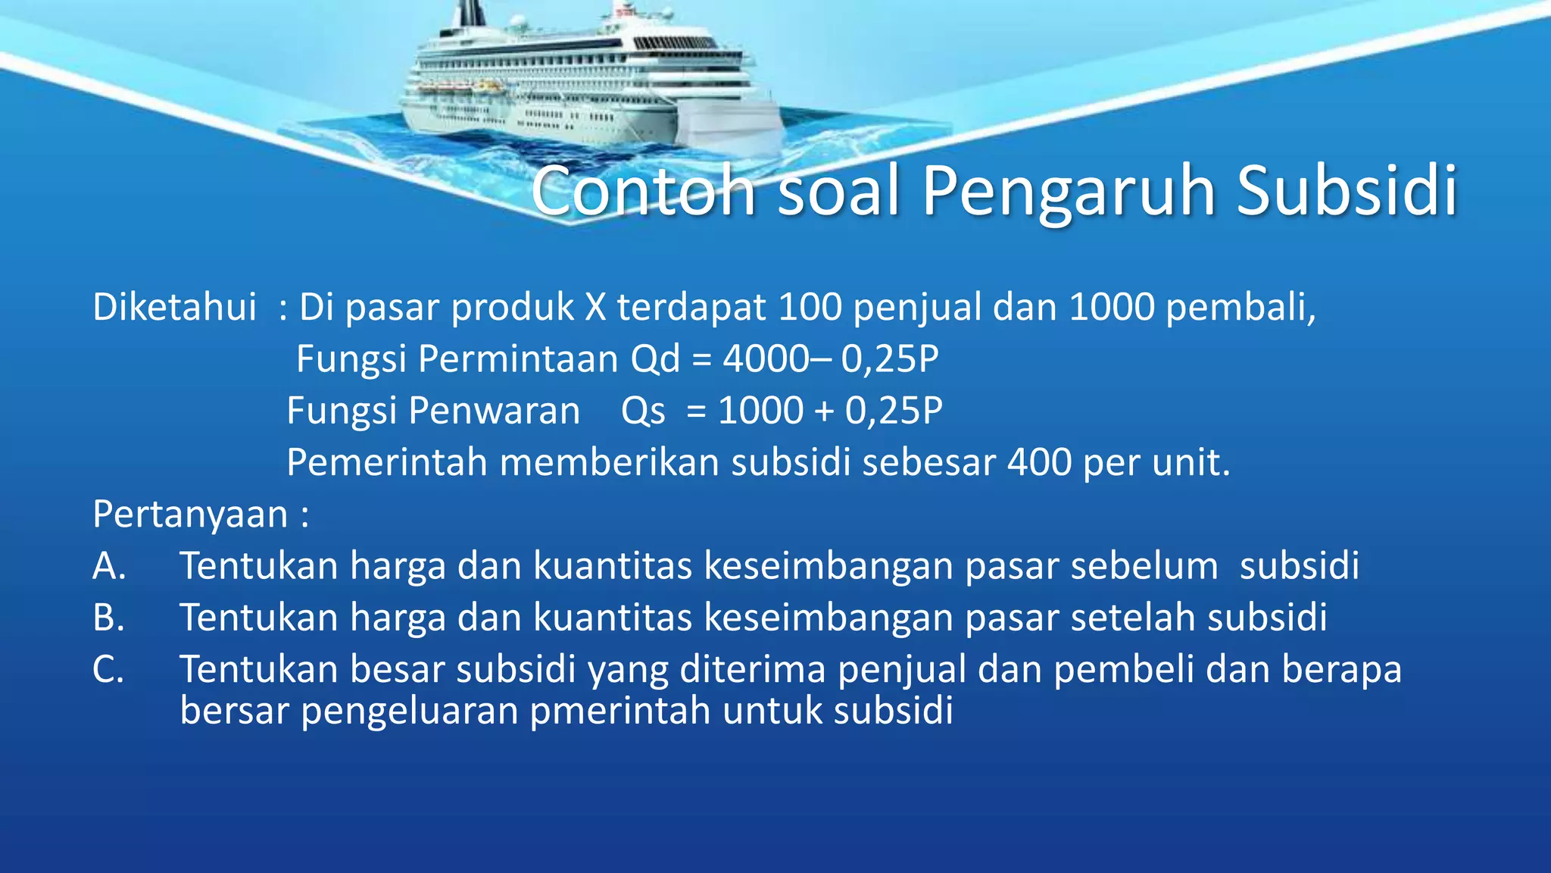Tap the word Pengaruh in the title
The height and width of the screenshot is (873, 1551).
pos(1069,190)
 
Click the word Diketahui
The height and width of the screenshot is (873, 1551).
pos(174,308)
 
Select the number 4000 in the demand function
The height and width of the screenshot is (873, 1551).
pos(766,358)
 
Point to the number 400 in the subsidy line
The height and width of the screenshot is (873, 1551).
pos(1039,462)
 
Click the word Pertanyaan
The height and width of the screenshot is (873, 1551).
pos(190,515)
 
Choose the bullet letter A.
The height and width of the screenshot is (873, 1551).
pos(109,566)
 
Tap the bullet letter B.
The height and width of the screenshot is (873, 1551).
pos(108,618)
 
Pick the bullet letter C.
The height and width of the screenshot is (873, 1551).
pos(108,670)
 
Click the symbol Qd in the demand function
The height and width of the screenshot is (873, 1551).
pos(655,358)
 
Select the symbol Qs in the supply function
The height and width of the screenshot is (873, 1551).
pos(643,411)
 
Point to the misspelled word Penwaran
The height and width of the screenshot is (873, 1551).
pos(494,411)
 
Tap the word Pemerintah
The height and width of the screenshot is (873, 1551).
pos(386,462)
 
